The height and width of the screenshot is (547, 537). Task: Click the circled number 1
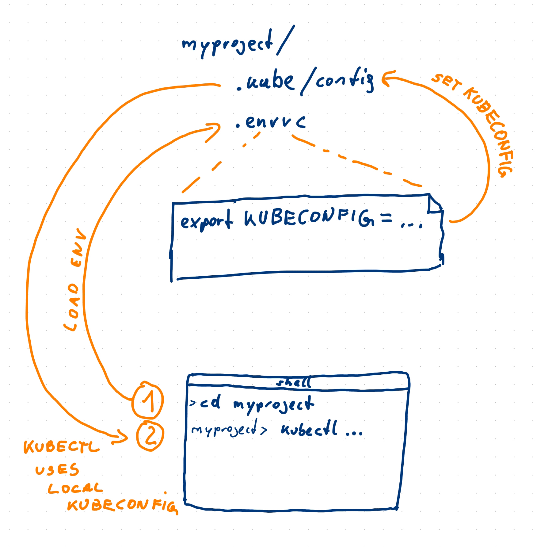coord(148,400)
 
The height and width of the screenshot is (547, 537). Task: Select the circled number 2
coord(150,436)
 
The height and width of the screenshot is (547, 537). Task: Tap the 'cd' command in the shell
coord(211,402)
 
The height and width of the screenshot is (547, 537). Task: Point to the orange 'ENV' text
coord(78,248)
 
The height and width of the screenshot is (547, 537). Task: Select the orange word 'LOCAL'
coord(75,488)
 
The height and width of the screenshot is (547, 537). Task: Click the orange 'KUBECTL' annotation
coord(61,447)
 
